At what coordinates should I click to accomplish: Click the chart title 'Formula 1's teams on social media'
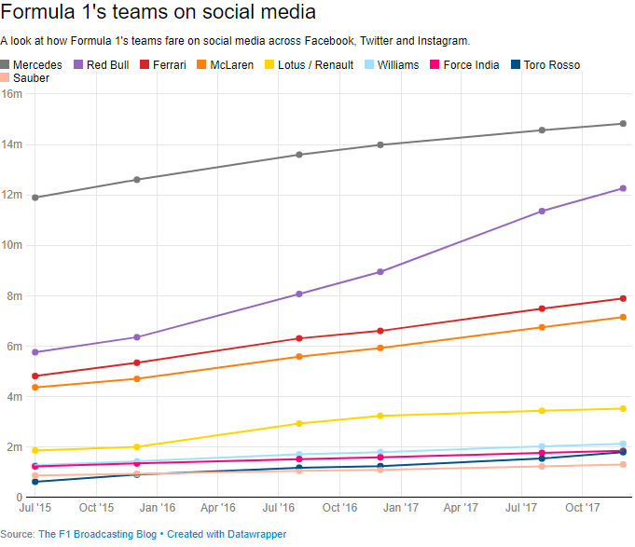pyautogui.click(x=158, y=13)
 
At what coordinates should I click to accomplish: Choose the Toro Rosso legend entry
pyautogui.click(x=545, y=65)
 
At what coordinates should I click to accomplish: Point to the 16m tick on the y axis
pyautogui.click(x=11, y=94)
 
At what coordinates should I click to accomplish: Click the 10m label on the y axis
pyautogui.click(x=11, y=245)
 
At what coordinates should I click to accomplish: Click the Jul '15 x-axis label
pyautogui.click(x=35, y=508)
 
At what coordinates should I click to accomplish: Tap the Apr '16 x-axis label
pyautogui.click(x=217, y=508)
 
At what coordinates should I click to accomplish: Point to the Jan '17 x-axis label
pyautogui.click(x=400, y=508)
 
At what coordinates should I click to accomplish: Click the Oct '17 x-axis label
pyautogui.click(x=583, y=508)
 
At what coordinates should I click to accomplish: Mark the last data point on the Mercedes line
pyautogui.click(x=623, y=123)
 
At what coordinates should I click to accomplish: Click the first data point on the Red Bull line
pyautogui.click(x=35, y=352)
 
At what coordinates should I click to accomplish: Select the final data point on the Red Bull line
pyautogui.click(x=623, y=188)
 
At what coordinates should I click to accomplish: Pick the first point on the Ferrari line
pyautogui.click(x=35, y=376)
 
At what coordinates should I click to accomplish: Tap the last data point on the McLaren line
pyautogui.click(x=623, y=318)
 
